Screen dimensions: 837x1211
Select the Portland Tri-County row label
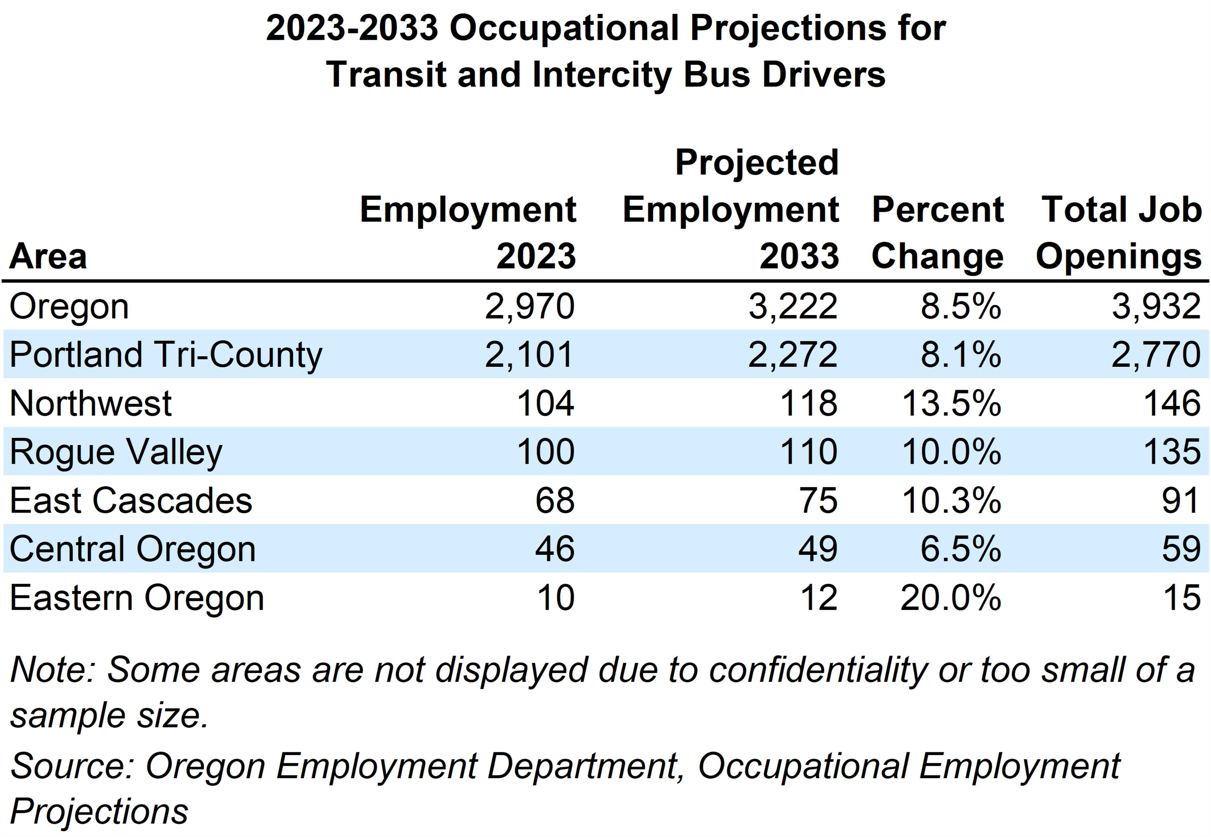pyautogui.click(x=166, y=355)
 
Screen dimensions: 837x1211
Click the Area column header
pyautogui.click(x=48, y=257)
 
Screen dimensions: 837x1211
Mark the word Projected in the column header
pyautogui.click(x=757, y=163)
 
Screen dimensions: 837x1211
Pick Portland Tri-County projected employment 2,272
pyautogui.click(x=793, y=355)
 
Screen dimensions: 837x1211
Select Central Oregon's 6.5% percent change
pyautogui.click(x=960, y=549)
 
